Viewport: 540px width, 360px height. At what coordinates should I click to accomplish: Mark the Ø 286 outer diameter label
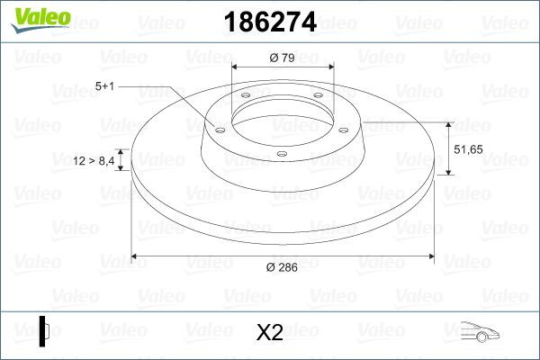coord(283,267)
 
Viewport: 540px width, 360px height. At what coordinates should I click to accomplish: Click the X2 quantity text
coord(270,332)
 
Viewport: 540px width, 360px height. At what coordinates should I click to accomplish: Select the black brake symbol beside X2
coord(45,331)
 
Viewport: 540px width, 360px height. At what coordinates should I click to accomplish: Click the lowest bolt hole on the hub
coord(281,154)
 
